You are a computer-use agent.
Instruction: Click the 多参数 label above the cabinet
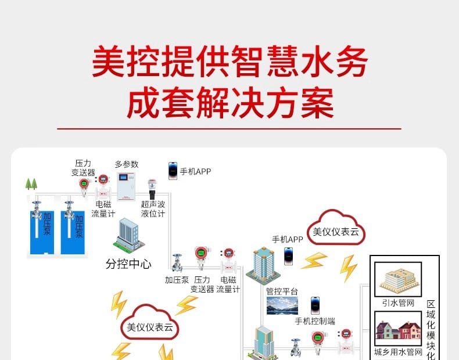(127, 164)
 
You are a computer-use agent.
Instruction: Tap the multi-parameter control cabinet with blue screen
(126, 186)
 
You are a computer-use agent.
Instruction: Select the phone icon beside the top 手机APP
(173, 171)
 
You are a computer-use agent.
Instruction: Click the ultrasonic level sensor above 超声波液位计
(152, 189)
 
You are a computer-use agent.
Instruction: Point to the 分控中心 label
(128, 264)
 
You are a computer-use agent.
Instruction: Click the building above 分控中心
(129, 235)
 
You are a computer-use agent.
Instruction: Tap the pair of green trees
(31, 183)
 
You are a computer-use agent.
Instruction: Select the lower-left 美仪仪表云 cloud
(149, 323)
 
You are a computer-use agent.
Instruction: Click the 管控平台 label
(282, 291)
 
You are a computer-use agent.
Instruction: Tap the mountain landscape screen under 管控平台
(282, 306)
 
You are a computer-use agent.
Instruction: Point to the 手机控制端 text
(315, 321)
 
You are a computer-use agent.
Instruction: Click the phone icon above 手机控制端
(315, 305)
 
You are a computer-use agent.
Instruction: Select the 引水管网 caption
(398, 303)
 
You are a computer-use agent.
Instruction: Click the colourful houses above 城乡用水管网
(398, 330)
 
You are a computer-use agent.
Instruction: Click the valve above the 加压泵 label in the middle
(177, 263)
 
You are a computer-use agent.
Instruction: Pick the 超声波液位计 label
(153, 209)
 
